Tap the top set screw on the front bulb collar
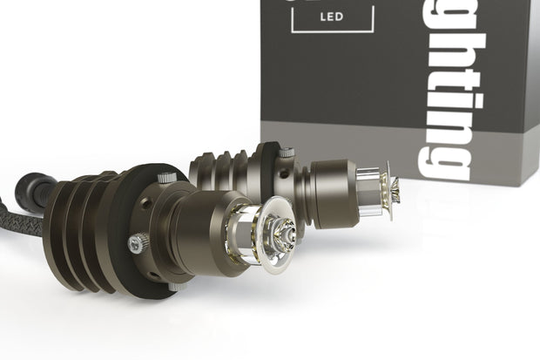click(x=165, y=178)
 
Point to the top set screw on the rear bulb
click(x=286, y=153)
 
